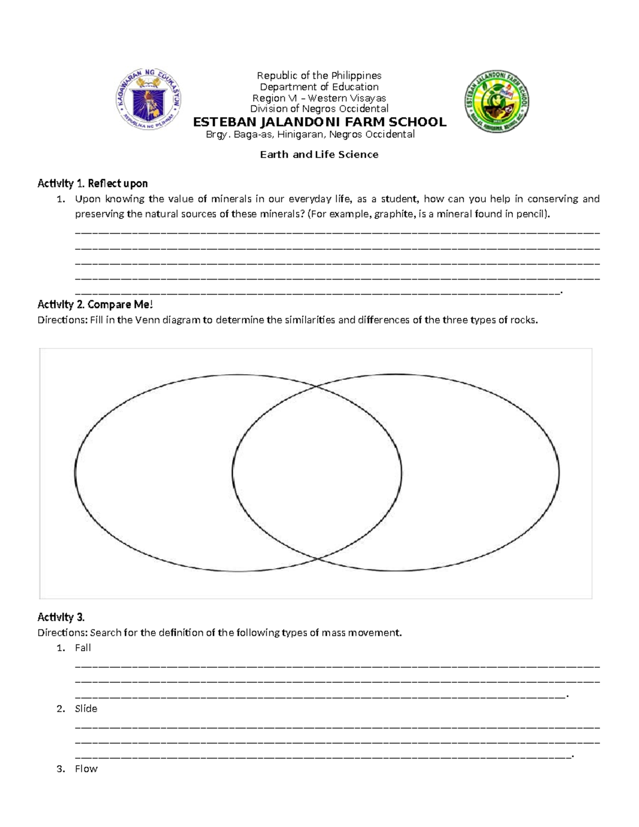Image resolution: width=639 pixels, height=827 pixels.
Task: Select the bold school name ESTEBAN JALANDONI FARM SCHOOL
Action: coord(319,122)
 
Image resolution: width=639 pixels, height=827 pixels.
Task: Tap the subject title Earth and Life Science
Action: coord(319,154)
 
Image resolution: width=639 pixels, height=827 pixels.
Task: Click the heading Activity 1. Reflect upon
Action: coord(92,183)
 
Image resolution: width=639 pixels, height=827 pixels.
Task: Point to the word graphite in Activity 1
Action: coord(394,214)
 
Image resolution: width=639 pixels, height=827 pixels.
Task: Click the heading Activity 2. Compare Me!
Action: coord(95,305)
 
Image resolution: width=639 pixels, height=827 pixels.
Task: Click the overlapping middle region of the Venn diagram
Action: coord(317,472)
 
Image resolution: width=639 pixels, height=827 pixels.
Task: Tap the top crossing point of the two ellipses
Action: coord(318,388)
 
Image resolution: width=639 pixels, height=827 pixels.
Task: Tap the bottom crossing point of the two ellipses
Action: coord(318,558)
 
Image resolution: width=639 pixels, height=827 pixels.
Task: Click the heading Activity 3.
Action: coord(61,617)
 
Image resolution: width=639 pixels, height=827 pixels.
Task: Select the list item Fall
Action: coord(83,648)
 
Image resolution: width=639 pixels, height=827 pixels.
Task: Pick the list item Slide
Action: coord(86,708)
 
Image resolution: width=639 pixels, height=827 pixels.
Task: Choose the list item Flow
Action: coord(86,768)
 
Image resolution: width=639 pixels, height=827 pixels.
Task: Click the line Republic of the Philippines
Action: coord(319,76)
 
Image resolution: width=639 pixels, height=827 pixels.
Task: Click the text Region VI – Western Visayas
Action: coord(319,98)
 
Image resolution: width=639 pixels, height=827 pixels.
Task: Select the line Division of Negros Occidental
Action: coord(319,109)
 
